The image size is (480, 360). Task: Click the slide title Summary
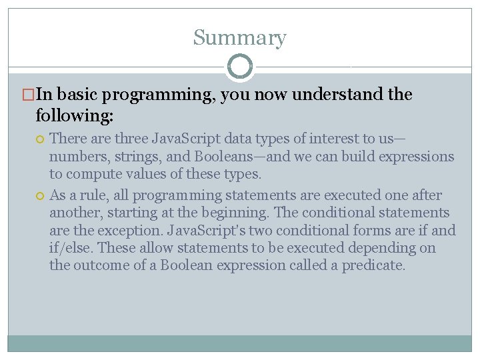point(239,38)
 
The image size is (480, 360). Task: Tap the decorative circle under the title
point(240,67)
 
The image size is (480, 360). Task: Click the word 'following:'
point(75,116)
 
